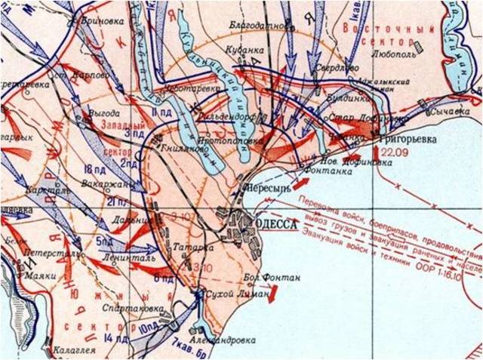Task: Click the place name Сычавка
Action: pyautogui.click(x=445, y=113)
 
